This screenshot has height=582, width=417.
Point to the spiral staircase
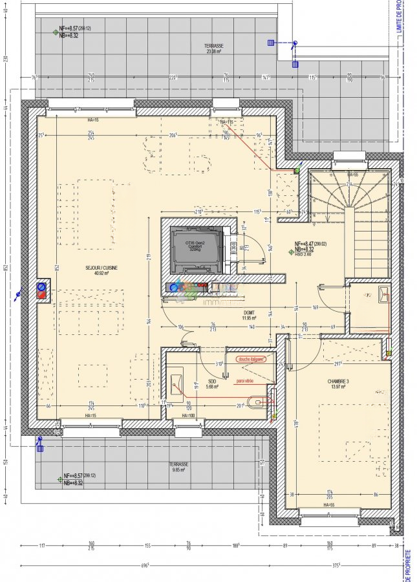click(x=350, y=207)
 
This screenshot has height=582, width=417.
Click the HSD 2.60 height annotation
click(x=304, y=254)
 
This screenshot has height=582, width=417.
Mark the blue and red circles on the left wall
click(x=42, y=290)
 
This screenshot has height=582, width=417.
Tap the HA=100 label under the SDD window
click(x=188, y=415)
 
